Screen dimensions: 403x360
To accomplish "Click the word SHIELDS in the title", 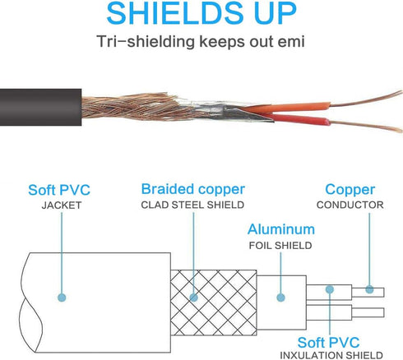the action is [175, 13].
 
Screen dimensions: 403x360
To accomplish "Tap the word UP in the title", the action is [276, 13].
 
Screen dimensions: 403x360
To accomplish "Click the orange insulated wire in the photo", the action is [285, 108].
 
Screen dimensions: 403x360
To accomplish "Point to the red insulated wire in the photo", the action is [298, 119].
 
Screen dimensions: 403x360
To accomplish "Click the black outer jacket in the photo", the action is [40, 107].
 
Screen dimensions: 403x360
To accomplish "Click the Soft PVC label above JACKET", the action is [59, 190].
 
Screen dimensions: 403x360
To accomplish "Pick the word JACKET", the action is [62, 205].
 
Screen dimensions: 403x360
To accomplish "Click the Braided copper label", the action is [193, 189].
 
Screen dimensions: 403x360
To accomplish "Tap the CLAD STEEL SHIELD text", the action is [192, 205].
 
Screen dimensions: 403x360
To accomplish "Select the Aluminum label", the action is [281, 229].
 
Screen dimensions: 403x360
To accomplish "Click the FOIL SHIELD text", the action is [280, 246].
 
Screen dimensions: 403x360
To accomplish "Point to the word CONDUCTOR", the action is [350, 205].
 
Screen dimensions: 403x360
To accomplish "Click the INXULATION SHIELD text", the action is [331, 355].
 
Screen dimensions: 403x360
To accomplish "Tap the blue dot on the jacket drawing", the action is [62, 298].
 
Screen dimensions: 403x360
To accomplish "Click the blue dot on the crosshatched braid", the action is [193, 298].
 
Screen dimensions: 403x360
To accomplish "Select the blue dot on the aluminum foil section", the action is [280, 298].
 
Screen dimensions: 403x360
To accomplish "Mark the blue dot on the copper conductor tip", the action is [369, 289].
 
